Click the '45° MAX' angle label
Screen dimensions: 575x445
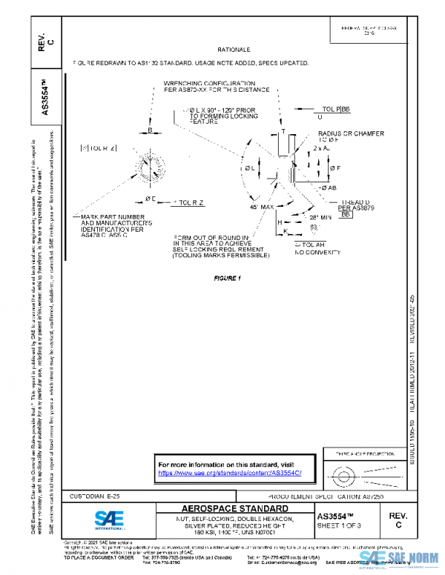(263, 207)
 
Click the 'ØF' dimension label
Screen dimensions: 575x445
(334, 168)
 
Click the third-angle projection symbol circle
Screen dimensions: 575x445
(342, 471)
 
